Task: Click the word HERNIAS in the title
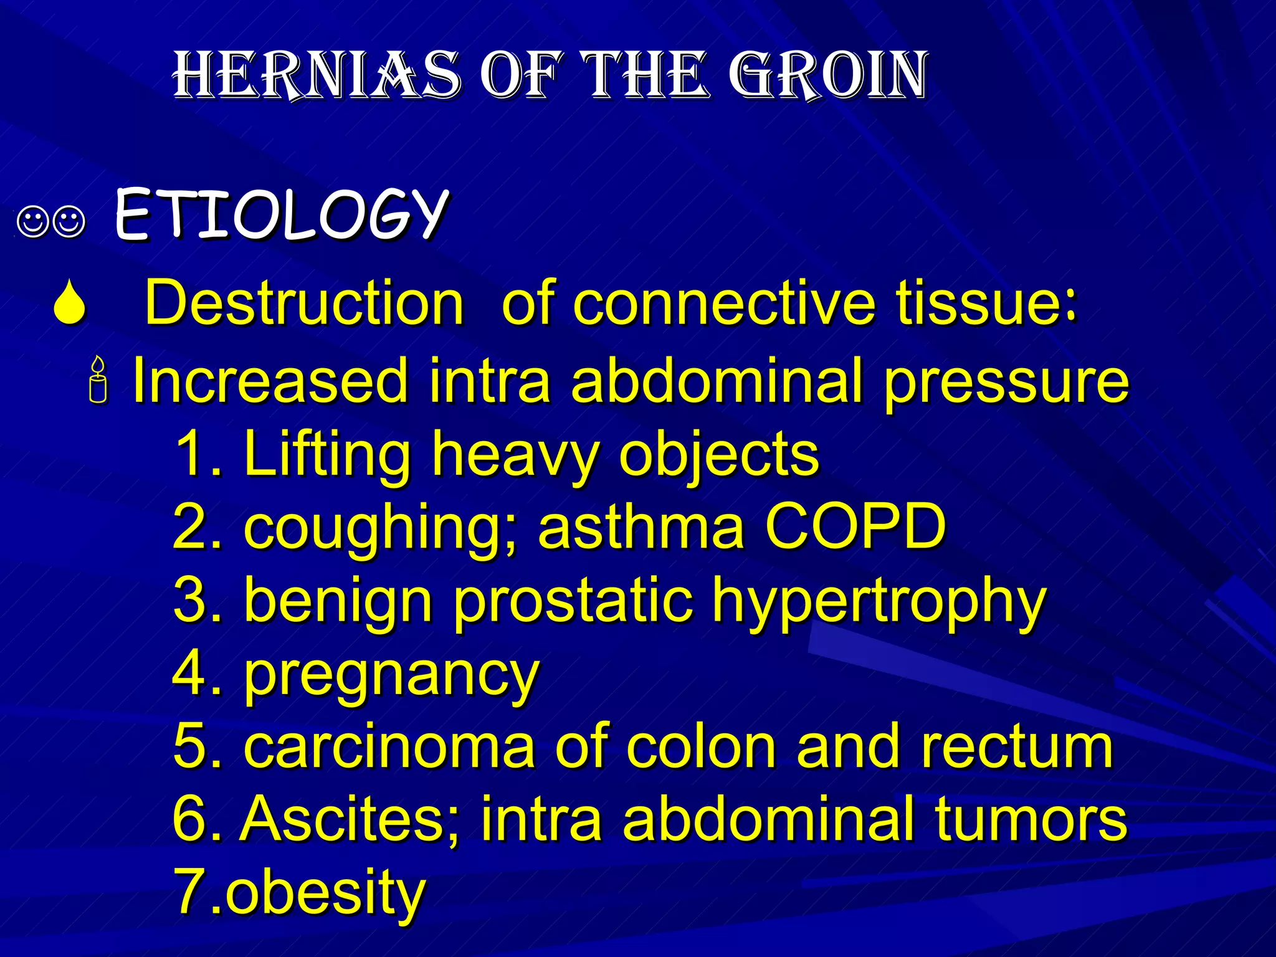pyautogui.click(x=317, y=76)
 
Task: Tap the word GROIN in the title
pyautogui.click(x=829, y=76)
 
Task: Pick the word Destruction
pyautogui.click(x=304, y=303)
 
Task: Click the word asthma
pyautogui.click(x=641, y=527)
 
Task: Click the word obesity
pyautogui.click(x=325, y=892)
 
